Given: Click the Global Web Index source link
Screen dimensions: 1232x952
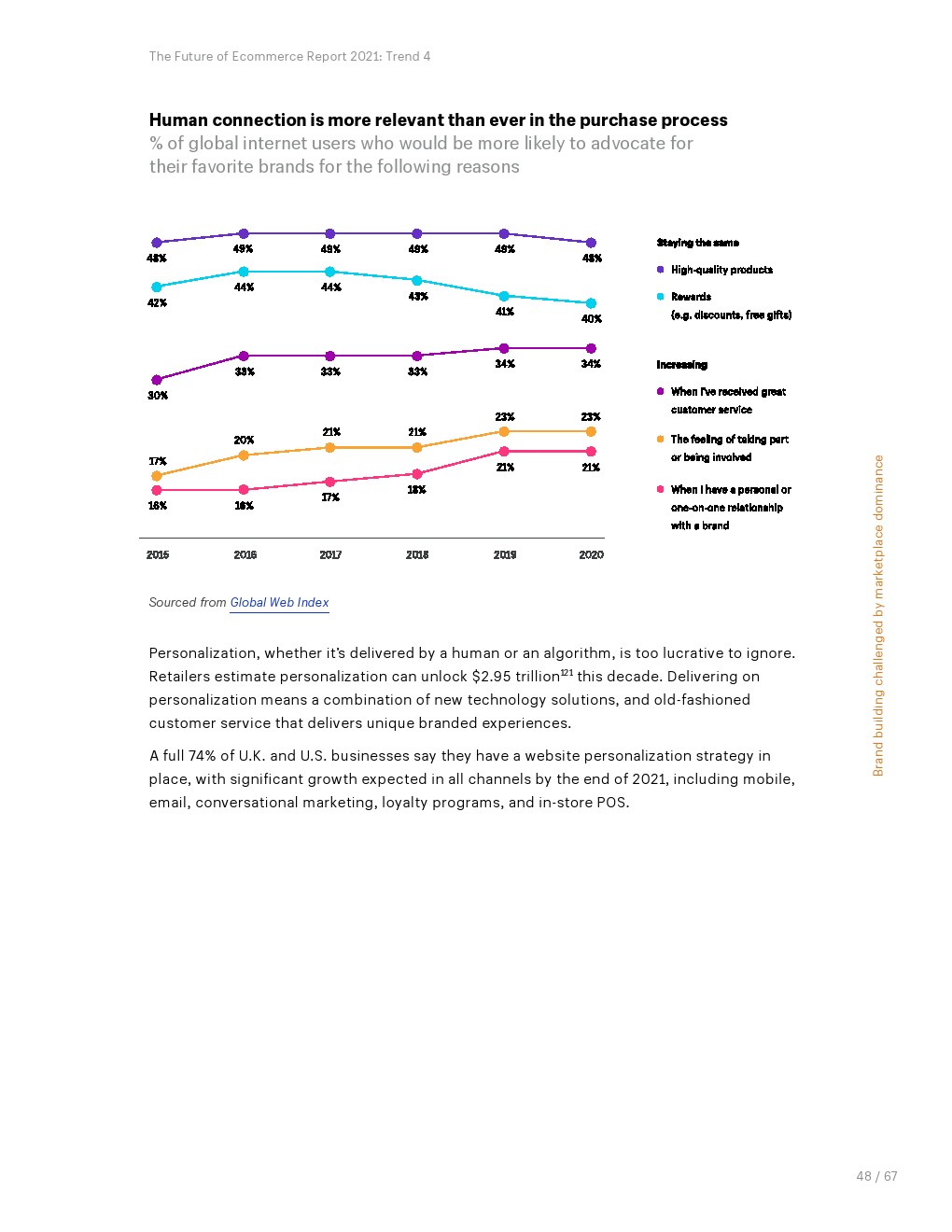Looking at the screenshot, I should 279,603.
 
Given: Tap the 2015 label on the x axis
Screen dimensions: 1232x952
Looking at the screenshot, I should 158,555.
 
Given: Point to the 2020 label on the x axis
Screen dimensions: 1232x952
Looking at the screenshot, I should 591,555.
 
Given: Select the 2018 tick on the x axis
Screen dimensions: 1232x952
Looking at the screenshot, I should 417,555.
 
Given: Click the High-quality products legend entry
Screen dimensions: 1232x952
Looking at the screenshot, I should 721,270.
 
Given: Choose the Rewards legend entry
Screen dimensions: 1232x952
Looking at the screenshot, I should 691,297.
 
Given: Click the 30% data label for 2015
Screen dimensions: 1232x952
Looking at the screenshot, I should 158,396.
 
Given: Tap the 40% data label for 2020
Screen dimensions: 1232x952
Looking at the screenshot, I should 592,319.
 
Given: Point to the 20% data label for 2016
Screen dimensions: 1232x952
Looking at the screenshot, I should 244,440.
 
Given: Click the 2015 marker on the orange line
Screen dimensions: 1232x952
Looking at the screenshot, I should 157,476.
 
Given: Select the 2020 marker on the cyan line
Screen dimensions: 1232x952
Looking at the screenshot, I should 591,303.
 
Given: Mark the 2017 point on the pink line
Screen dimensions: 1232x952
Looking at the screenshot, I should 330,482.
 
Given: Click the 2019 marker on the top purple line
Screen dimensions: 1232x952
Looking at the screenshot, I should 504,233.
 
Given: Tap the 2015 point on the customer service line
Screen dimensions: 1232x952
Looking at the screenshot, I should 157,380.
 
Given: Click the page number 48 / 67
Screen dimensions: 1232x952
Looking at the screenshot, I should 876,1176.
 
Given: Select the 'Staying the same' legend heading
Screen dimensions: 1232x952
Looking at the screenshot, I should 697,243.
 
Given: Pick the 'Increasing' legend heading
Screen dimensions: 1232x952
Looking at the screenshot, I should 681,365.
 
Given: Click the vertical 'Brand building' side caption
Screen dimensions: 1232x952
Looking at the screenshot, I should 878,615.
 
